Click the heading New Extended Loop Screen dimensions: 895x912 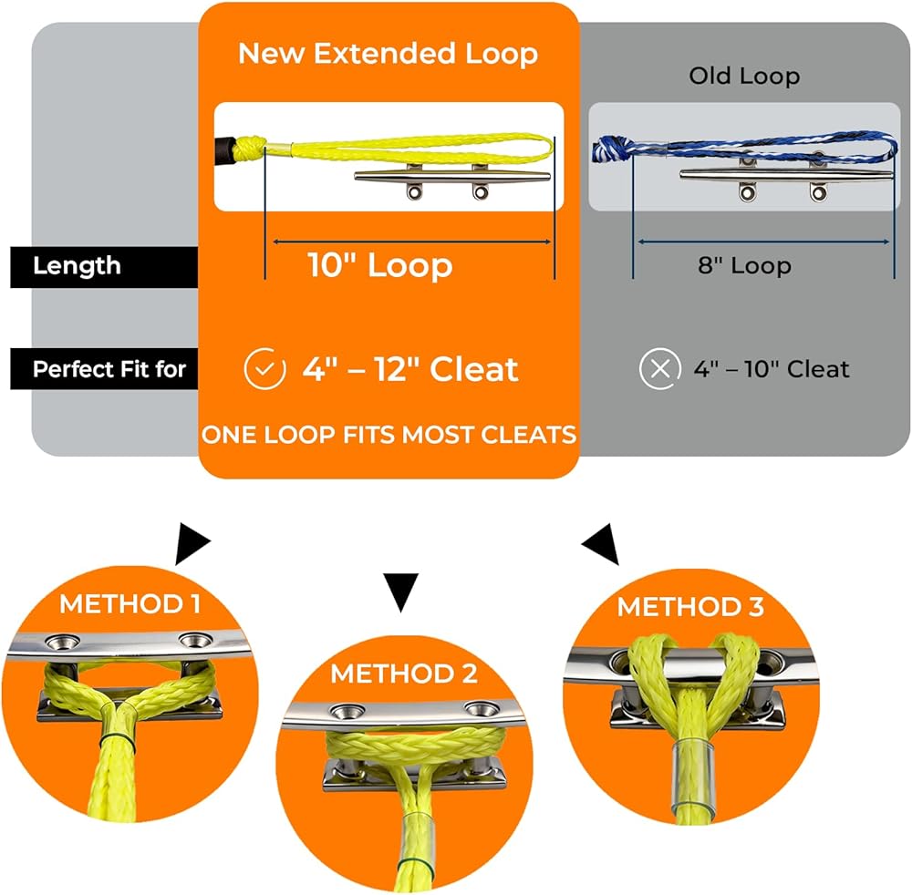[389, 53]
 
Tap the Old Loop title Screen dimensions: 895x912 [744, 76]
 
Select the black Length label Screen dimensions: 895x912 [77, 266]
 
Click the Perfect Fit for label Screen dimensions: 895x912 [109, 369]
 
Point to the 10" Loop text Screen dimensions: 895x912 [379, 266]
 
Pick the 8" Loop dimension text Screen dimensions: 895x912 [744, 266]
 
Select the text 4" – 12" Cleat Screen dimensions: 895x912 [410, 369]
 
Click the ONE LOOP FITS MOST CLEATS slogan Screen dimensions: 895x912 [389, 435]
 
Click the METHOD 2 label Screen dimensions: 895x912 [403, 674]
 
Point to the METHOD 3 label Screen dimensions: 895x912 [690, 607]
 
